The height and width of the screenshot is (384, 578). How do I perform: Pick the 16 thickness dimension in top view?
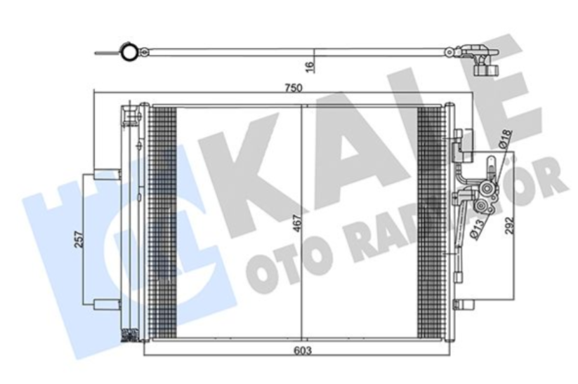tap(310, 66)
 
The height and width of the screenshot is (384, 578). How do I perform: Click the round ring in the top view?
tap(129, 51)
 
